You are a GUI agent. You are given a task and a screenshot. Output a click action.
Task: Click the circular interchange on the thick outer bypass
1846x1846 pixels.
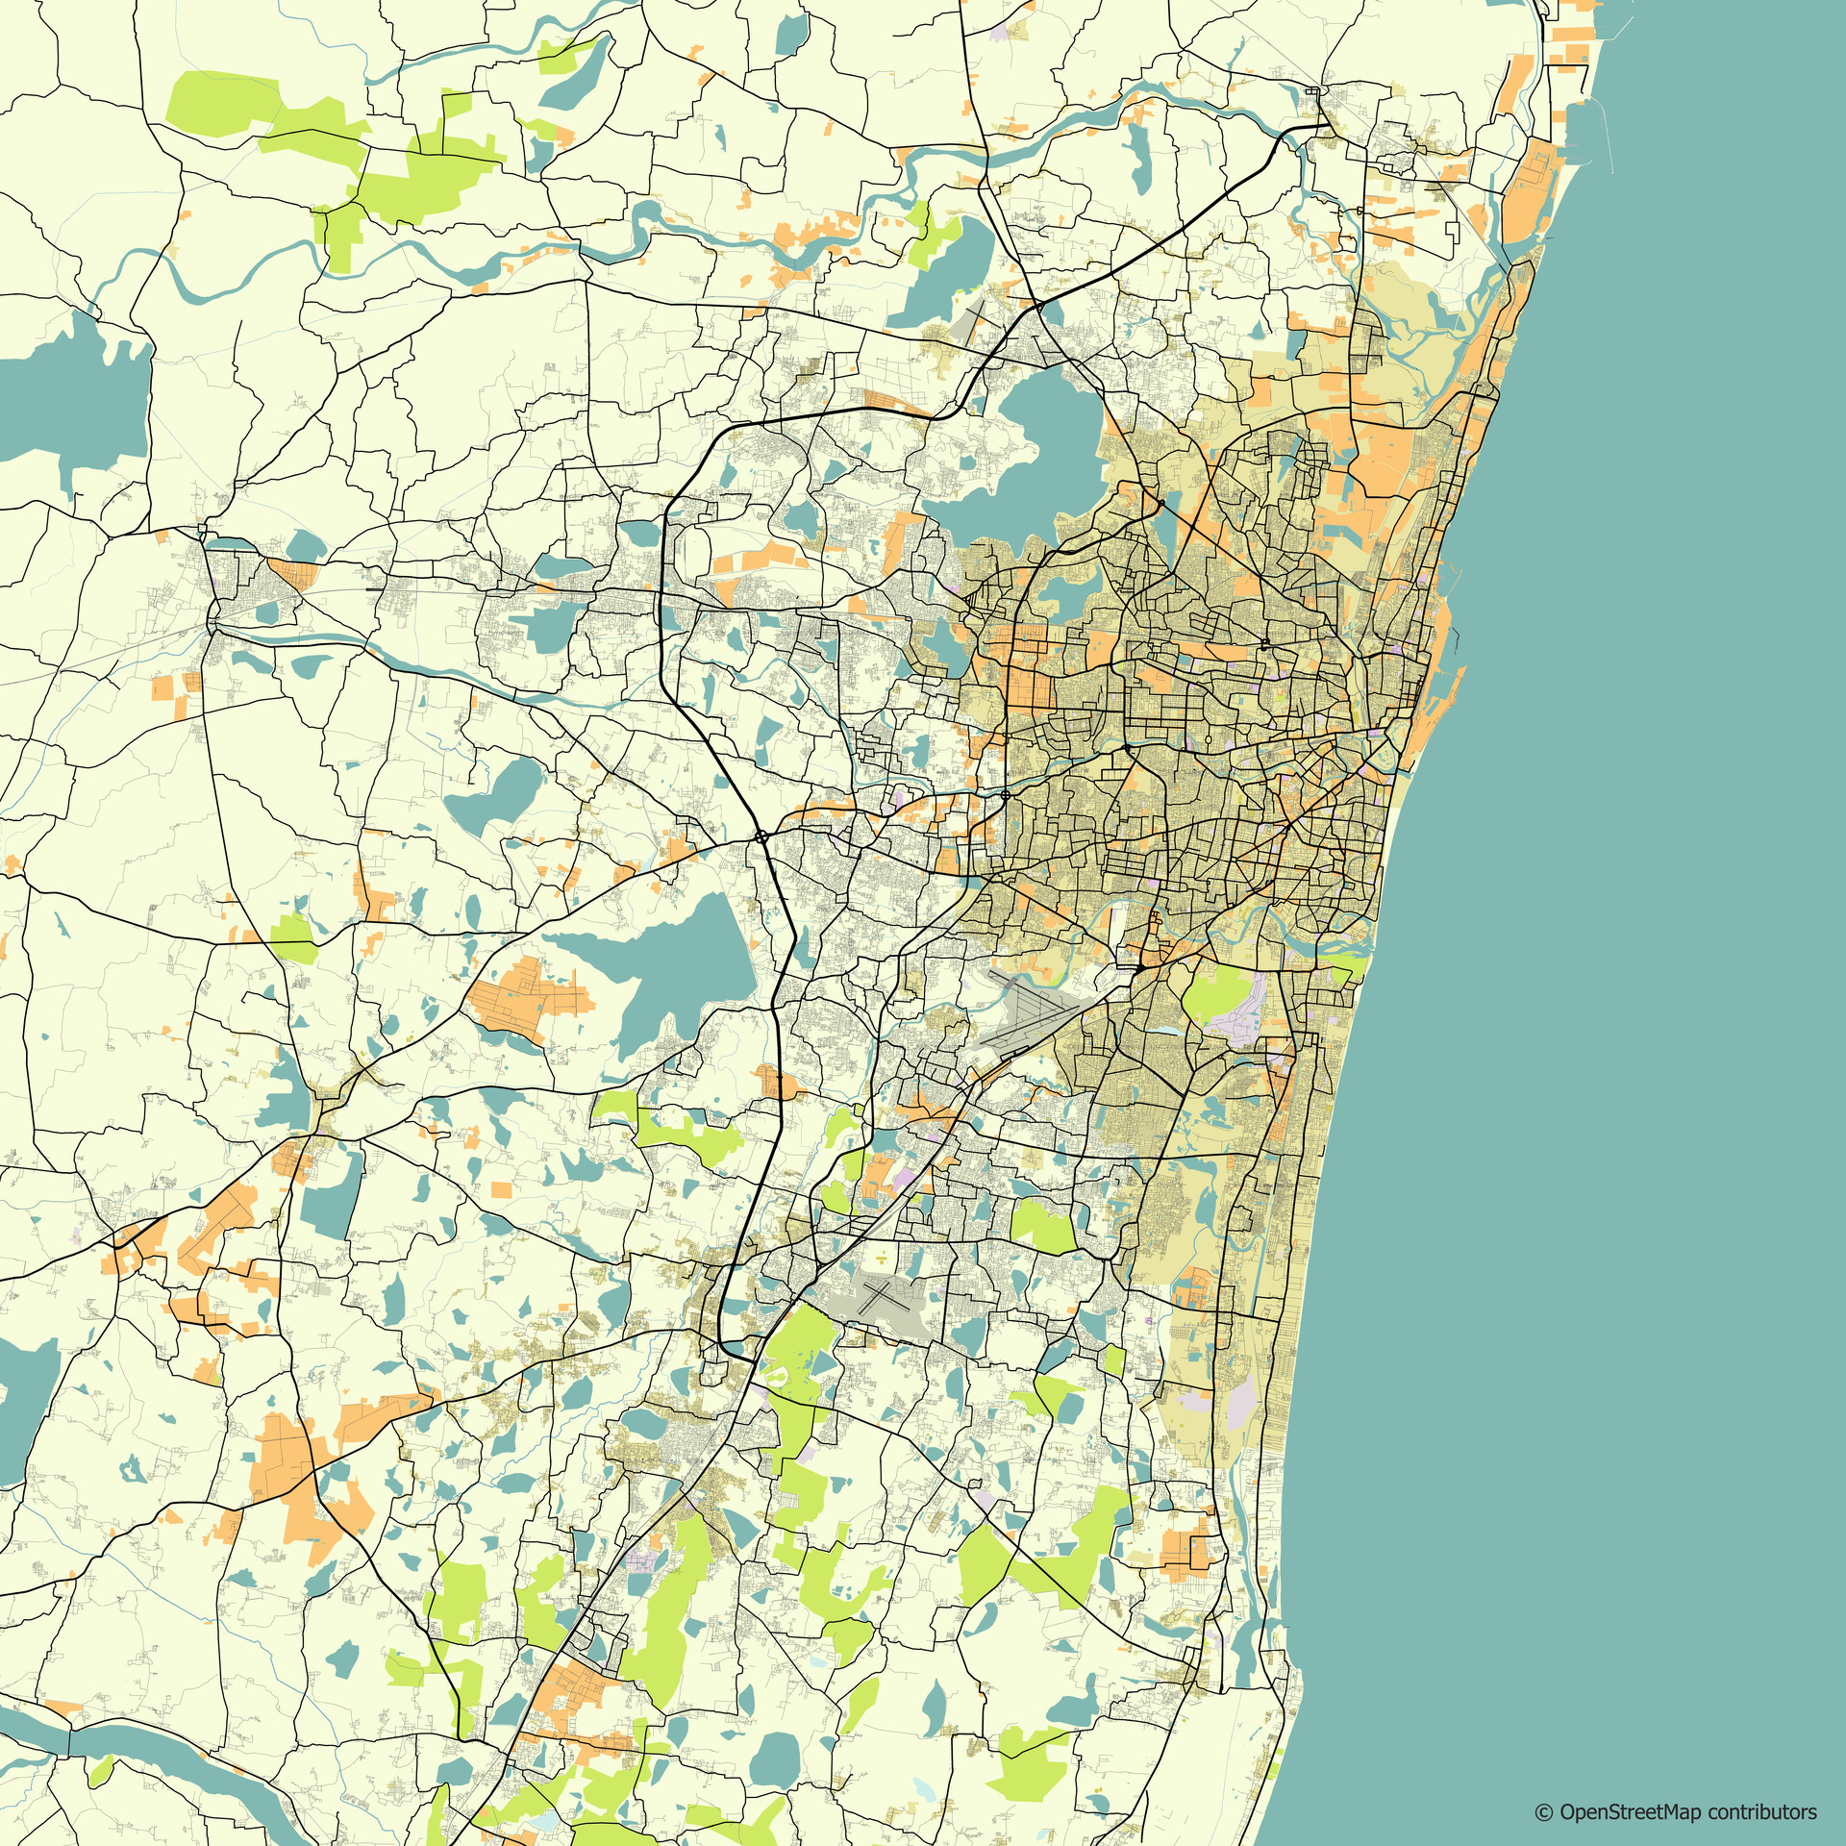(761, 836)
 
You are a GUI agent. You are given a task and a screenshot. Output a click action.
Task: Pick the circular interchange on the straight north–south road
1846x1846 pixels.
(1005, 795)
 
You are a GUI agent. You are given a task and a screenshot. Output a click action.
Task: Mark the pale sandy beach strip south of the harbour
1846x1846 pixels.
(1394, 827)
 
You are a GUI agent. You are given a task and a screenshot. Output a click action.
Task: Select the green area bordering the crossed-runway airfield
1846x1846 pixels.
(798, 1346)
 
